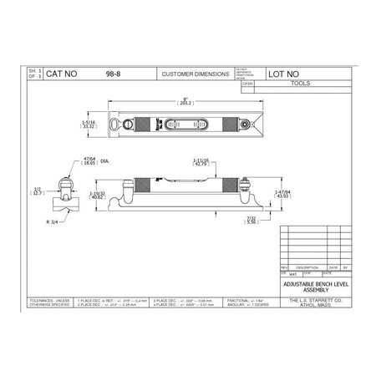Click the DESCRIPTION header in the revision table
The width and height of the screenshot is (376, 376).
tap(299, 267)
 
